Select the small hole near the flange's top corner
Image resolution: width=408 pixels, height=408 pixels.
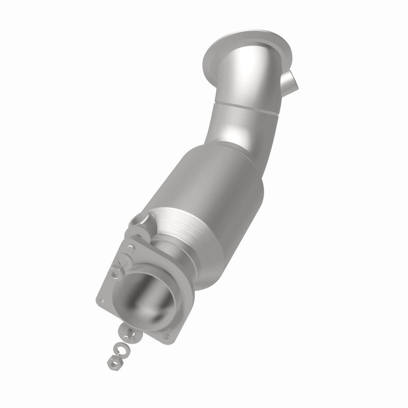132,249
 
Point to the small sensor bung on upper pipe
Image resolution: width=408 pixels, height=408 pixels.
289,81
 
